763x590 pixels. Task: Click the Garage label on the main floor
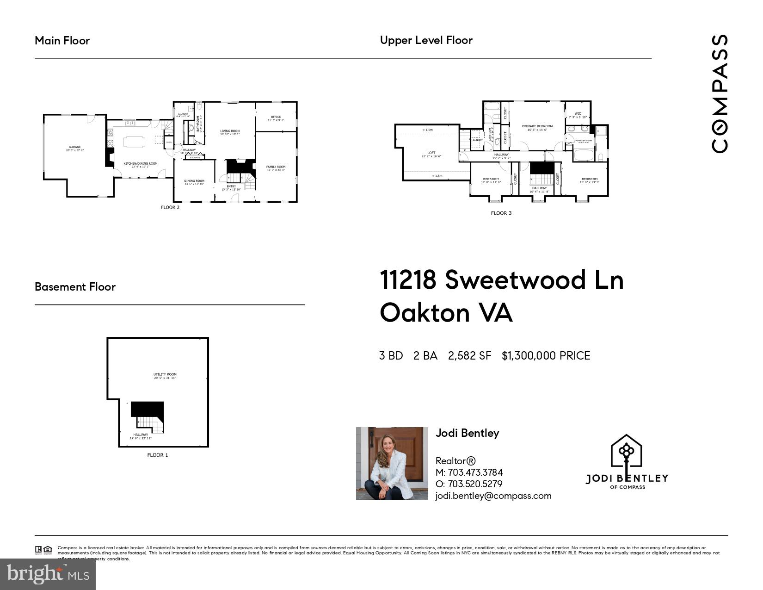pos(75,147)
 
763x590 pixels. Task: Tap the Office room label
pos(276,117)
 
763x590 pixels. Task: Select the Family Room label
pos(276,167)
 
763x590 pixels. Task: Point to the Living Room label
pos(230,131)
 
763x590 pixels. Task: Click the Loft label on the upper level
pos(431,153)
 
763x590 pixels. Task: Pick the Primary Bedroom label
pos(537,126)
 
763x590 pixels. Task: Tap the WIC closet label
pos(578,114)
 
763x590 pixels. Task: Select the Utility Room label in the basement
pos(165,375)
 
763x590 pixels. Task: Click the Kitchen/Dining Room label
pos(141,164)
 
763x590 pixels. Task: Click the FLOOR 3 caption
pos(501,213)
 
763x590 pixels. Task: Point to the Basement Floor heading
pos(75,287)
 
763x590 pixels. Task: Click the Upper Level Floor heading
pos(426,40)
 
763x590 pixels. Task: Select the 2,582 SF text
pos(469,356)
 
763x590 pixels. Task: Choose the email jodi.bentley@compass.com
pos(493,496)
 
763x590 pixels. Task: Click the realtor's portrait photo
pos(392,463)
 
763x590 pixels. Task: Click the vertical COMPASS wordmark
pos(720,93)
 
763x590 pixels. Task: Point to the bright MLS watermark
pos(48,574)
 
